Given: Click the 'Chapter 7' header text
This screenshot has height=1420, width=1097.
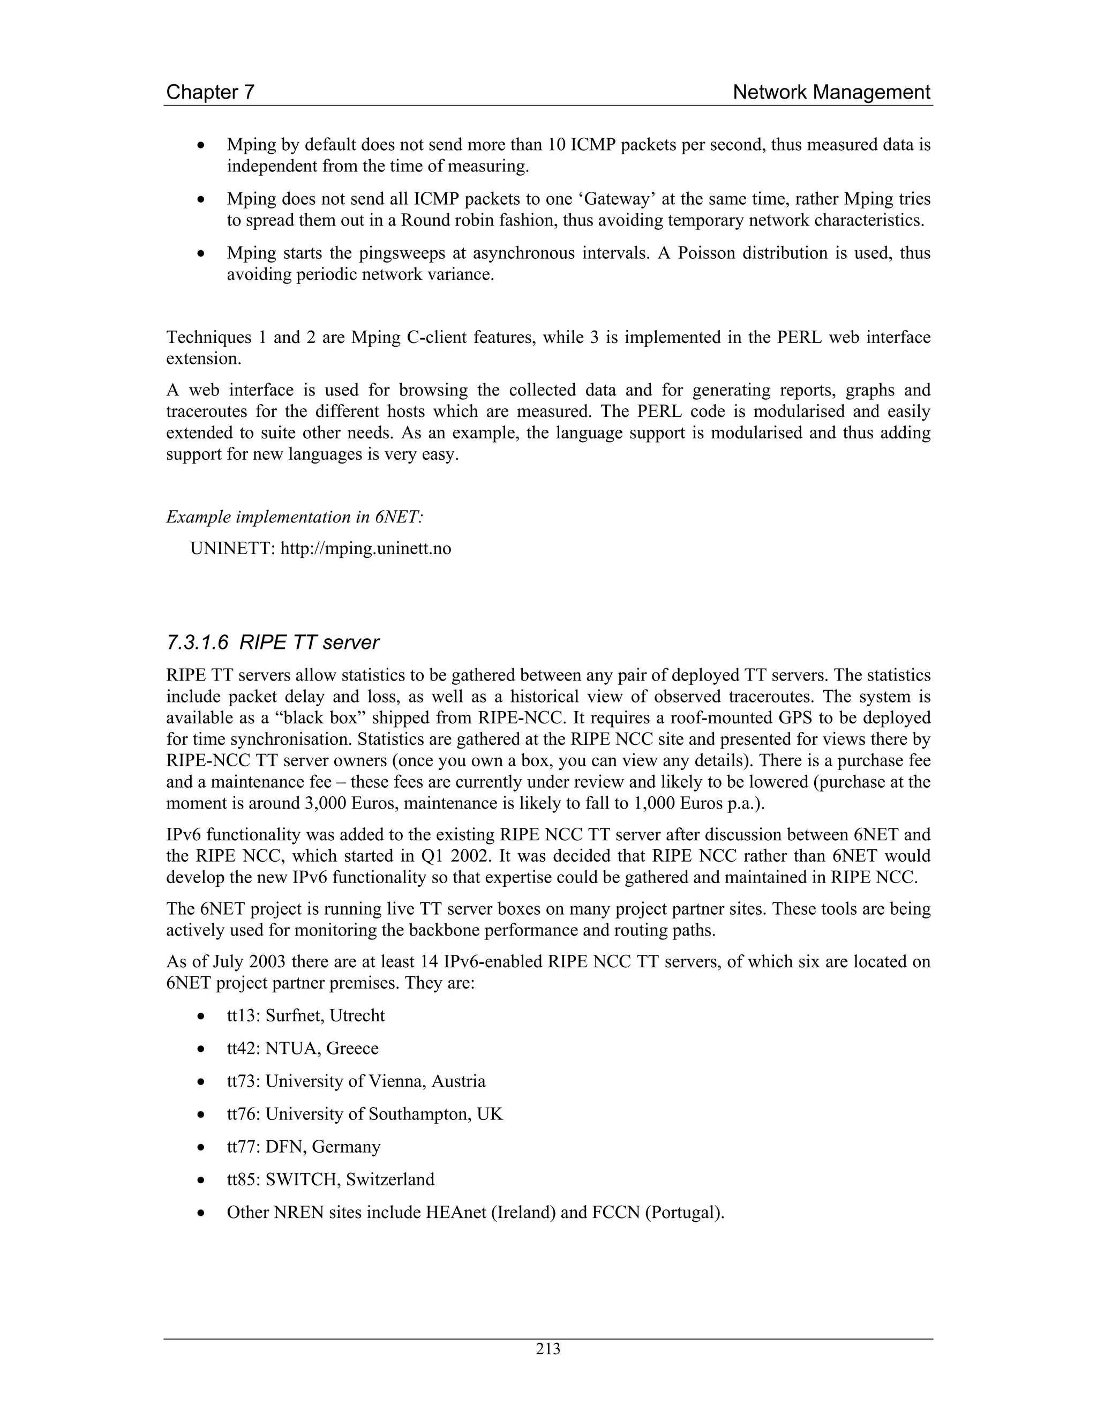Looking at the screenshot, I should click(210, 92).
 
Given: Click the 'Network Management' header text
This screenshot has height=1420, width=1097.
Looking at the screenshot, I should click(831, 92).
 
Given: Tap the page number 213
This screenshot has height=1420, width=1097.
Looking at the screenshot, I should click(548, 1350).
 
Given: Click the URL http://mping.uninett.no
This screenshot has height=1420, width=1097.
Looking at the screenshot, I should click(365, 548).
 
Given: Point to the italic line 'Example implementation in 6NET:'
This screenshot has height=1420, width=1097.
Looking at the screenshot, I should click(295, 517).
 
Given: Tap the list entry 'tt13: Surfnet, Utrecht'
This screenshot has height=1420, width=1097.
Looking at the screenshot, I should click(305, 1015).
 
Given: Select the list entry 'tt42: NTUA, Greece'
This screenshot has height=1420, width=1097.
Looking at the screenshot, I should click(302, 1048).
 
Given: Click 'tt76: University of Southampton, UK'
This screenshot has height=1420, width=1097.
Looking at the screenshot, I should click(365, 1114).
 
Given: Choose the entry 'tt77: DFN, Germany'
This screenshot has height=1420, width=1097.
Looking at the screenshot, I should click(304, 1146).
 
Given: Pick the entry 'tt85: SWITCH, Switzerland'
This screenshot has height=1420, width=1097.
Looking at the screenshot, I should click(330, 1179).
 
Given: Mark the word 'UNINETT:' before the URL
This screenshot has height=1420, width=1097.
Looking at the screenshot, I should click(232, 548).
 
